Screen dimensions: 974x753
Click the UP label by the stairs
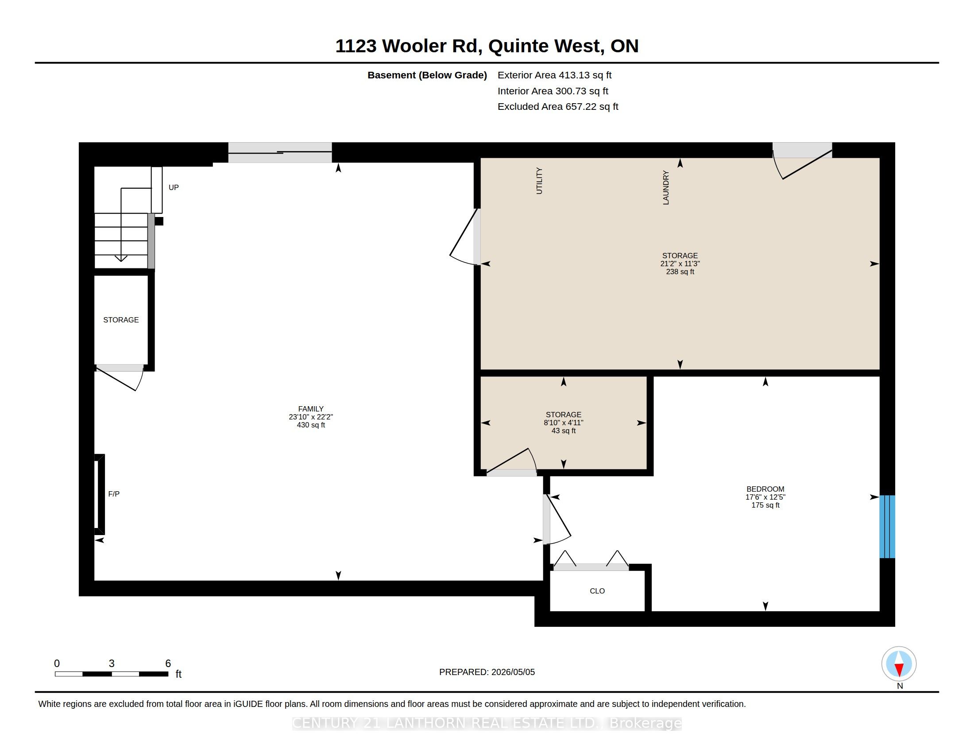[x=174, y=187]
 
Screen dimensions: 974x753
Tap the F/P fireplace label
[x=114, y=494]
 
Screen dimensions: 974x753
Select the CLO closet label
[x=597, y=591]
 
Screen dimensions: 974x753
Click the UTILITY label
[x=539, y=181]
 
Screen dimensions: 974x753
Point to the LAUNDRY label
[x=666, y=188]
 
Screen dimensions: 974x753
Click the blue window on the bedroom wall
[x=887, y=526]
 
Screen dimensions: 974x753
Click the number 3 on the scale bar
[x=112, y=664]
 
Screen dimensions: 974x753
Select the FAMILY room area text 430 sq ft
[x=311, y=425]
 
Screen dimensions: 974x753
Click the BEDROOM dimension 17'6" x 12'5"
[x=765, y=497]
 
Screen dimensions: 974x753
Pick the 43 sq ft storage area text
[x=564, y=431]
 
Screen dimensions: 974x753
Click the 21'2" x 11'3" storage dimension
[x=680, y=264]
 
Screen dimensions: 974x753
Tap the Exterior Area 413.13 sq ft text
[x=554, y=75]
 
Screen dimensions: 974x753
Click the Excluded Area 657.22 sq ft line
[x=558, y=107]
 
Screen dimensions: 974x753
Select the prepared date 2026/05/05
[x=513, y=672]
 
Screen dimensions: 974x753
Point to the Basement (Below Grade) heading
[x=427, y=75]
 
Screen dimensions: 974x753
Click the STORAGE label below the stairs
[x=121, y=320]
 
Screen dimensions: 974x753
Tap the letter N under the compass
[x=900, y=686]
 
